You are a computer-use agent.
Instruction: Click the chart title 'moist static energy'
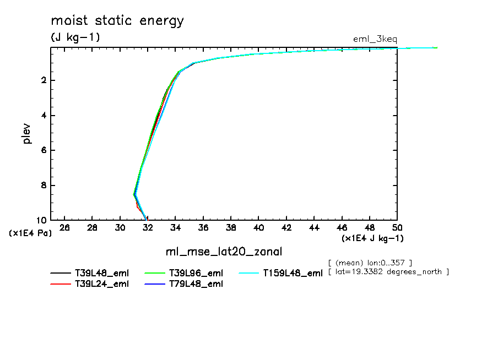click(x=117, y=21)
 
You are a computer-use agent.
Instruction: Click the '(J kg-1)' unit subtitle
click(x=75, y=38)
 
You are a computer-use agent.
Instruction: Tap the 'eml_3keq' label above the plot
click(x=375, y=39)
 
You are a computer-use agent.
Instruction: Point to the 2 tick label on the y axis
click(x=42, y=80)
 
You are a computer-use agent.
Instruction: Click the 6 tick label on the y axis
click(x=42, y=150)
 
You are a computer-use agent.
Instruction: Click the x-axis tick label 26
click(x=65, y=227)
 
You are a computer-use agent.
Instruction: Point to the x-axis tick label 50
click(x=397, y=227)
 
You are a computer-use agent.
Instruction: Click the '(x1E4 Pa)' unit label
click(x=31, y=233)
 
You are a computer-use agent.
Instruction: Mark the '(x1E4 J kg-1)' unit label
click(x=372, y=238)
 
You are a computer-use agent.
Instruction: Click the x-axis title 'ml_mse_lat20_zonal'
click(x=224, y=252)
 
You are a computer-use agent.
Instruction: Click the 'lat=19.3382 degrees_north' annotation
click(x=388, y=272)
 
